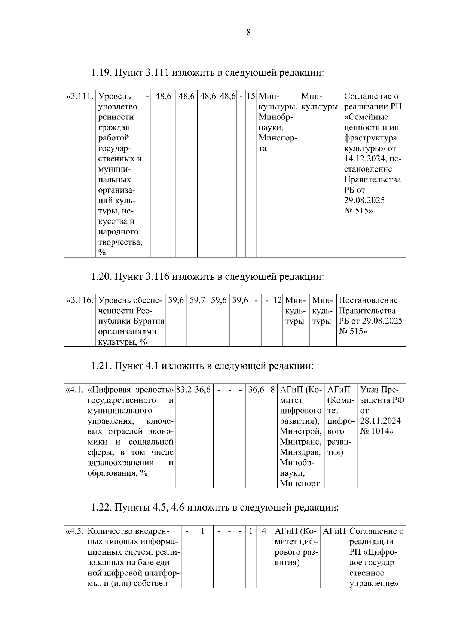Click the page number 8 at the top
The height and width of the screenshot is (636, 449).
pyautogui.click(x=248, y=33)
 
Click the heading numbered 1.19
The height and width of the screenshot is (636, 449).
pyautogui.click(x=207, y=72)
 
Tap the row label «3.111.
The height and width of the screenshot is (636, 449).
pyautogui.click(x=79, y=96)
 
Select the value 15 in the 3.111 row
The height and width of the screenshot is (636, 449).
pyautogui.click(x=250, y=96)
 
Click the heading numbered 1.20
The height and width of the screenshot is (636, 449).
pyautogui.click(x=207, y=277)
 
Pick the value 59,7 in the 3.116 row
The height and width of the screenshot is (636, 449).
pyautogui.click(x=197, y=300)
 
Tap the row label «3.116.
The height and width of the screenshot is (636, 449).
pyautogui.click(x=79, y=300)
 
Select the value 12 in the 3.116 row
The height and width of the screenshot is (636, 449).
pyautogui.click(x=277, y=300)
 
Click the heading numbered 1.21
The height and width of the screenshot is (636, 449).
pyautogui.click(x=202, y=366)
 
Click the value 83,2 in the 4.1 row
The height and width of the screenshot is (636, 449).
pyautogui.click(x=184, y=390)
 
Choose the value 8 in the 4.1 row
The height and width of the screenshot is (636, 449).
pyautogui.click(x=272, y=390)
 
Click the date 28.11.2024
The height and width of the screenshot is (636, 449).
pyautogui.click(x=380, y=421)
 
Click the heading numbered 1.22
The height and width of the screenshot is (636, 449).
pyautogui.click(x=215, y=508)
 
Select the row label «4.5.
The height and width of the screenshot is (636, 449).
pyautogui.click(x=74, y=531)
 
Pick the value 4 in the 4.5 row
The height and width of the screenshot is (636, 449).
pyautogui.click(x=264, y=531)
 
